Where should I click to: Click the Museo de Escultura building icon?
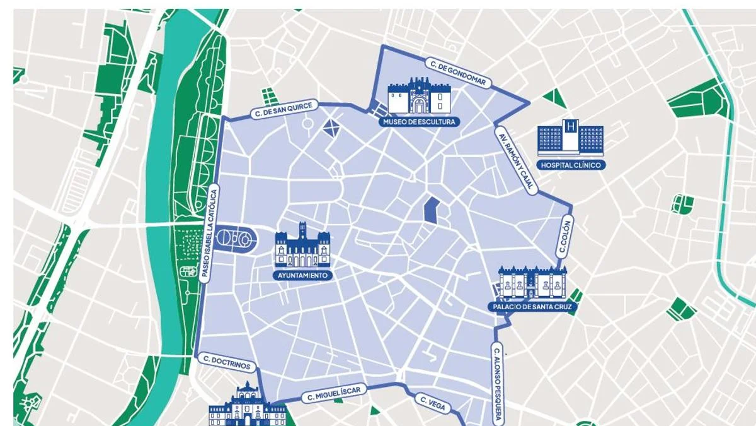[x=418, y=97]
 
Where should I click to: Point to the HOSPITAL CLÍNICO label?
[x=571, y=165]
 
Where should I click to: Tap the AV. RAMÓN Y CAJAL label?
[x=515, y=162]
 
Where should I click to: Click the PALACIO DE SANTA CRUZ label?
[x=532, y=307]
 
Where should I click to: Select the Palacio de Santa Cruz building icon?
[x=532, y=282]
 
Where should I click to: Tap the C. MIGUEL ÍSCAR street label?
[x=333, y=394]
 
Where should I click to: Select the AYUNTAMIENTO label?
[x=302, y=276]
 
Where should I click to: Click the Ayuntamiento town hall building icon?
[x=302, y=247]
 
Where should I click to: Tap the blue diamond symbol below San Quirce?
[x=331, y=128]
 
